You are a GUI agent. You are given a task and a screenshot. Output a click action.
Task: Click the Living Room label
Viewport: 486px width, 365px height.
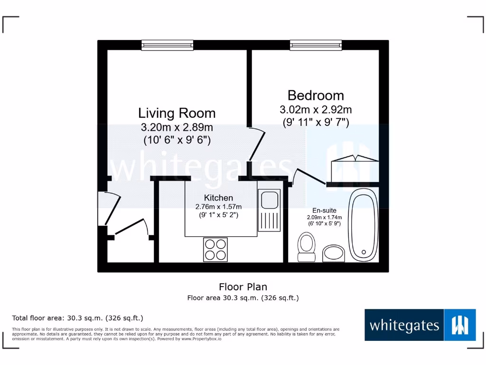(x=177, y=113)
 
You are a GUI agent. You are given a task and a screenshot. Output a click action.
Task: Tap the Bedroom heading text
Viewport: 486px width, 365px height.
(x=316, y=95)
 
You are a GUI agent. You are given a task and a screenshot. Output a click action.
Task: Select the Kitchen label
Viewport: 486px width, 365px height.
(x=218, y=198)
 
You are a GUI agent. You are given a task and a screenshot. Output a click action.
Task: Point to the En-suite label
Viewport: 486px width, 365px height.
(x=324, y=211)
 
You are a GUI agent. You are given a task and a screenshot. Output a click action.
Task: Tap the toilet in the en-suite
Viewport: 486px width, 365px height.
(x=306, y=247)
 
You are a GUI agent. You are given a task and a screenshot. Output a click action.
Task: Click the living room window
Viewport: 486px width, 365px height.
(x=167, y=45)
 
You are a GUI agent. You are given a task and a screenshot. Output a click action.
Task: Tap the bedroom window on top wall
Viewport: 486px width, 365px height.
(x=316, y=45)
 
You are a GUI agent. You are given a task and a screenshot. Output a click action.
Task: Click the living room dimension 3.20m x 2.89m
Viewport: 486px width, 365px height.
(x=177, y=127)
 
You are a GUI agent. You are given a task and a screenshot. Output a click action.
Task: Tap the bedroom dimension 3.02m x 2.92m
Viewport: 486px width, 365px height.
(x=316, y=110)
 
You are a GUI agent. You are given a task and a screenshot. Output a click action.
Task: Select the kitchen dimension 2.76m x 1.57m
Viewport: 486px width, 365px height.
(x=218, y=207)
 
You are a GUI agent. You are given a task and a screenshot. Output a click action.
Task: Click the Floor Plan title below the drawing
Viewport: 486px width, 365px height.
(x=243, y=287)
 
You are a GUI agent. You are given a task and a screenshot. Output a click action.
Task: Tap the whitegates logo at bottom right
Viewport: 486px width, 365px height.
(x=420, y=325)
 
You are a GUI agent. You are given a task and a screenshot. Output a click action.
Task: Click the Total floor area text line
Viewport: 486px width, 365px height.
(x=77, y=318)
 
